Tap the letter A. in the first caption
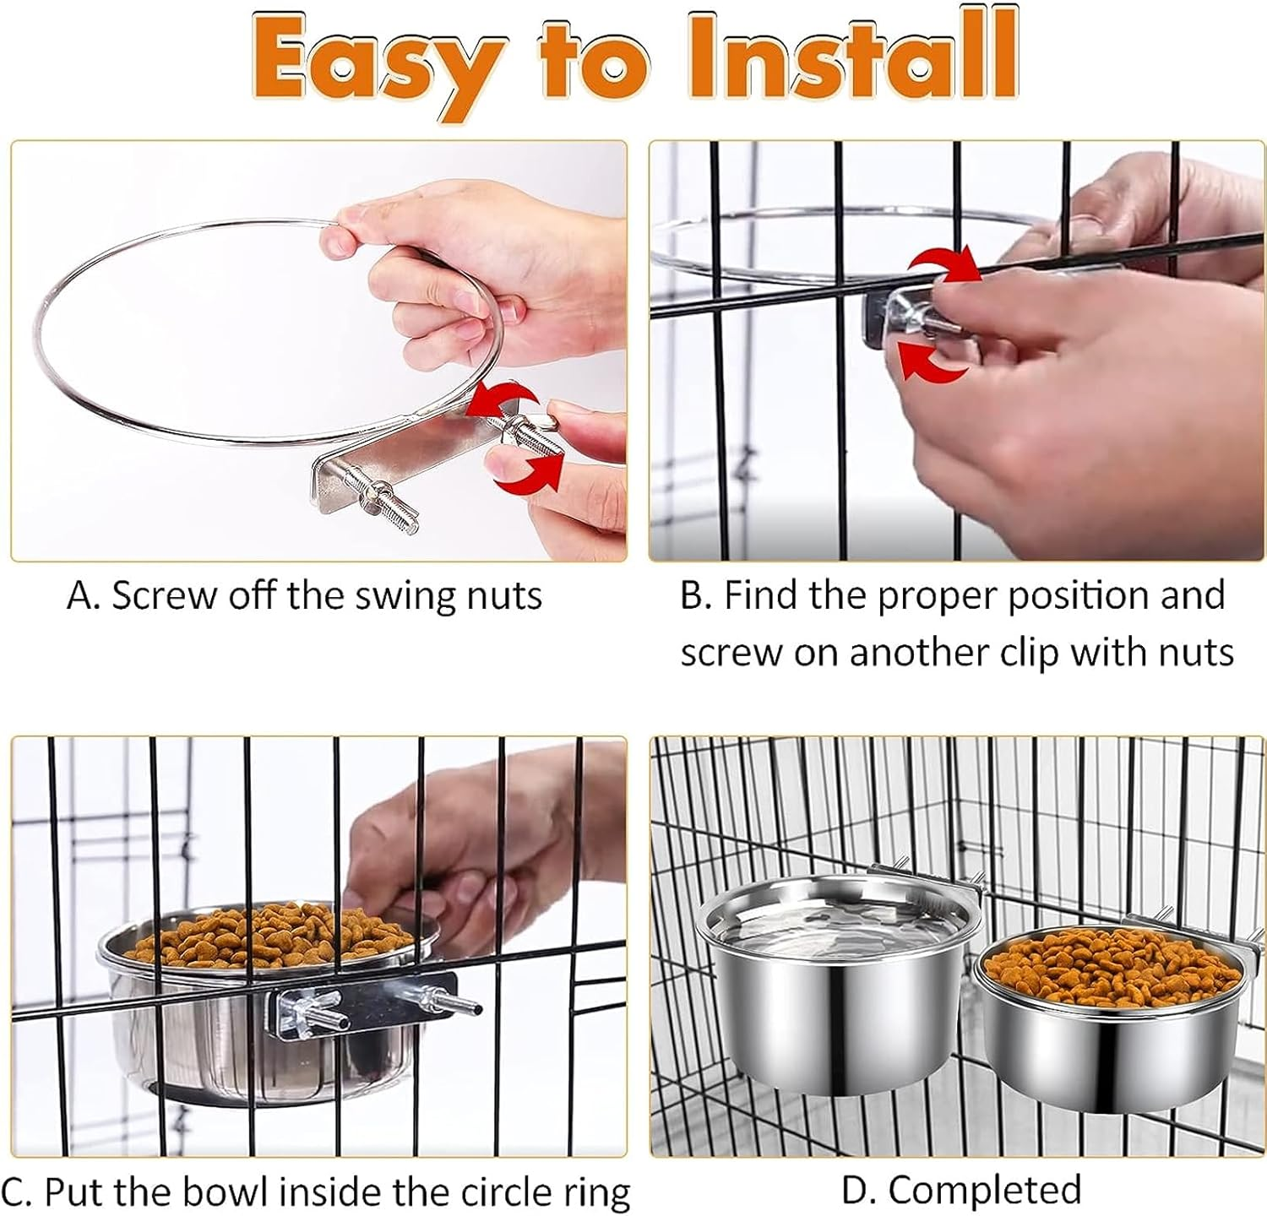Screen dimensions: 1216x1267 [x=83, y=595]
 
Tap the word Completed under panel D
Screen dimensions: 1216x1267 [x=984, y=1190]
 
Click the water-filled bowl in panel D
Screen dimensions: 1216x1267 [x=811, y=980]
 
